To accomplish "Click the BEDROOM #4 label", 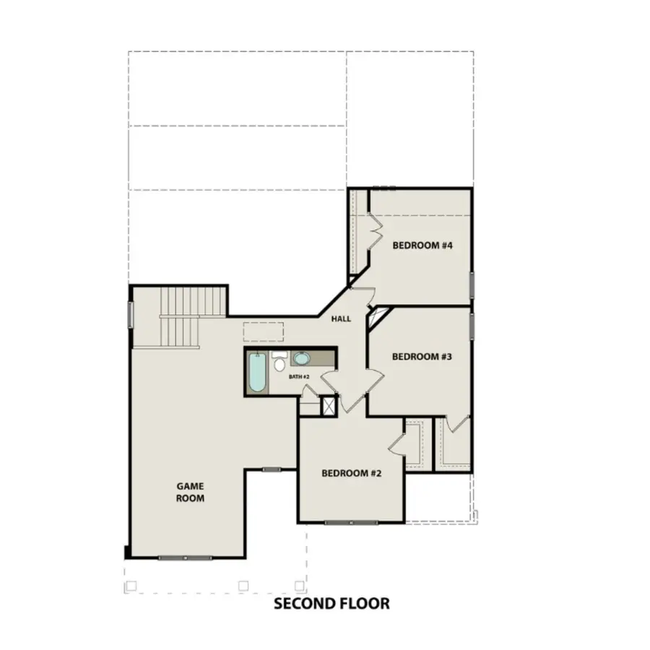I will (422, 246).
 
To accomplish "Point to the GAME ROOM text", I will (191, 492).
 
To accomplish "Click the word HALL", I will (342, 318).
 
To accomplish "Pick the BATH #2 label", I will (300, 377).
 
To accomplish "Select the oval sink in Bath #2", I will (302, 359).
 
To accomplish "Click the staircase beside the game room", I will (181, 316).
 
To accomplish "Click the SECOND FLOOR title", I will (331, 603).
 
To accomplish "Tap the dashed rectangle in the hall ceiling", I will (263, 331).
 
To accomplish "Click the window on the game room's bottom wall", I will (185, 557).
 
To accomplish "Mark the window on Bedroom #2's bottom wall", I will (350, 521).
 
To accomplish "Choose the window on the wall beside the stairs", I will (131, 315).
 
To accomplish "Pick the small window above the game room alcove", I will (272, 469).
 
